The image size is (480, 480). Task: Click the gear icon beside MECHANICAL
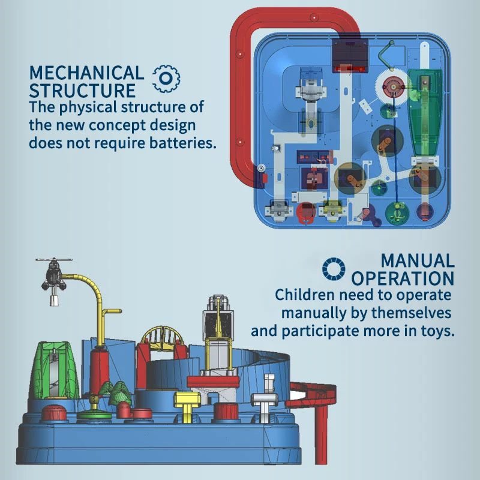pyautogui.click(x=167, y=78)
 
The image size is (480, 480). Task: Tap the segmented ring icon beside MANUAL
pyautogui.click(x=334, y=269)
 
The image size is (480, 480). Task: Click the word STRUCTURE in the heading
pyautogui.click(x=82, y=91)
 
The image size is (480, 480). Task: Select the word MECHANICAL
pyautogui.click(x=86, y=73)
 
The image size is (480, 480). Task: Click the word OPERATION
pyautogui.click(x=403, y=278)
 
